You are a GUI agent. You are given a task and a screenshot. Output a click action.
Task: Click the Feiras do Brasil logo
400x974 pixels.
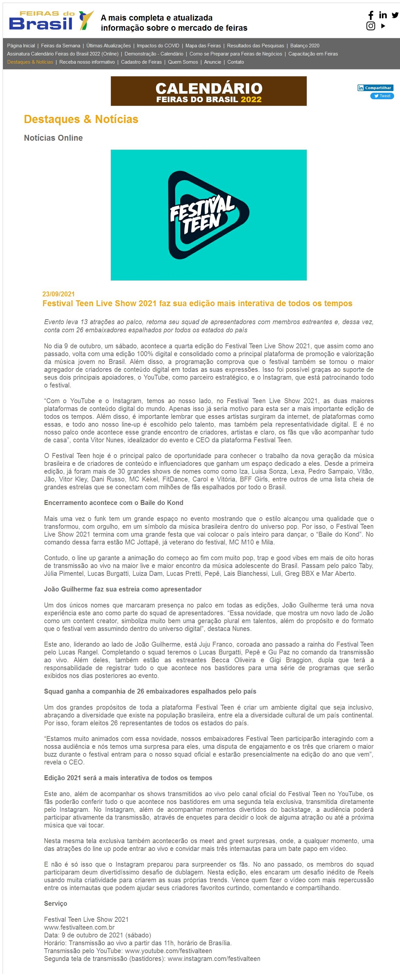pos(51,21)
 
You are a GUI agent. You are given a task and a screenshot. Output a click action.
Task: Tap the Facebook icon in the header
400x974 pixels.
pos(371,15)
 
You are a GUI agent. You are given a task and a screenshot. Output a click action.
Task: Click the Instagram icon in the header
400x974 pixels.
pos(371,26)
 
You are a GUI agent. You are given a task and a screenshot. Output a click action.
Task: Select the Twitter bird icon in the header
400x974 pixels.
pos(395,15)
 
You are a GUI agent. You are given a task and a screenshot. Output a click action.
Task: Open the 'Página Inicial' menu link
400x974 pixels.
pos(21,46)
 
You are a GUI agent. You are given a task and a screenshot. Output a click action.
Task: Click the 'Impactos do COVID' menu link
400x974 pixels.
pos(158,46)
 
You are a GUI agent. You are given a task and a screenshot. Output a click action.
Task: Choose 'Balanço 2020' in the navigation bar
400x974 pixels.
pos(305,46)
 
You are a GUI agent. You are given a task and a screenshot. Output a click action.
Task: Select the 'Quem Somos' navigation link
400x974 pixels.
pos(183,62)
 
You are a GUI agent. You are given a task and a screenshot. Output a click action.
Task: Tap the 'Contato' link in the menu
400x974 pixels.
pos(236,62)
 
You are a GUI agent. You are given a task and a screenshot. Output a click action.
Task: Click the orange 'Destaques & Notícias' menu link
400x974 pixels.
pos(30,62)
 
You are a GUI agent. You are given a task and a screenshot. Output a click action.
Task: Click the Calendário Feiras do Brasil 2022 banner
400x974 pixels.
pos(208,91)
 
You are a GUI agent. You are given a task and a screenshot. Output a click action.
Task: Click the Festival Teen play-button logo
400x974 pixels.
pos(208,215)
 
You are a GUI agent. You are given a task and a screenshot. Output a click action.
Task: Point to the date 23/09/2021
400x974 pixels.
pos(59,294)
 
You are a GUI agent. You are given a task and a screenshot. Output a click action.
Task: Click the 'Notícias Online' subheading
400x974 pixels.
pos(53,138)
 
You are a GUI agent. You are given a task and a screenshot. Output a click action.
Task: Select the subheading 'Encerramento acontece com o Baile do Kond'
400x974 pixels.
pos(114,503)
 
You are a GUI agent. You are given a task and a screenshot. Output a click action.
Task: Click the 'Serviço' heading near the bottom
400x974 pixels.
pos(55,904)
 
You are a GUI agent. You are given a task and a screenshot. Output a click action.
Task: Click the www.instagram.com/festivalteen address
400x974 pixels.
pos(214,959)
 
